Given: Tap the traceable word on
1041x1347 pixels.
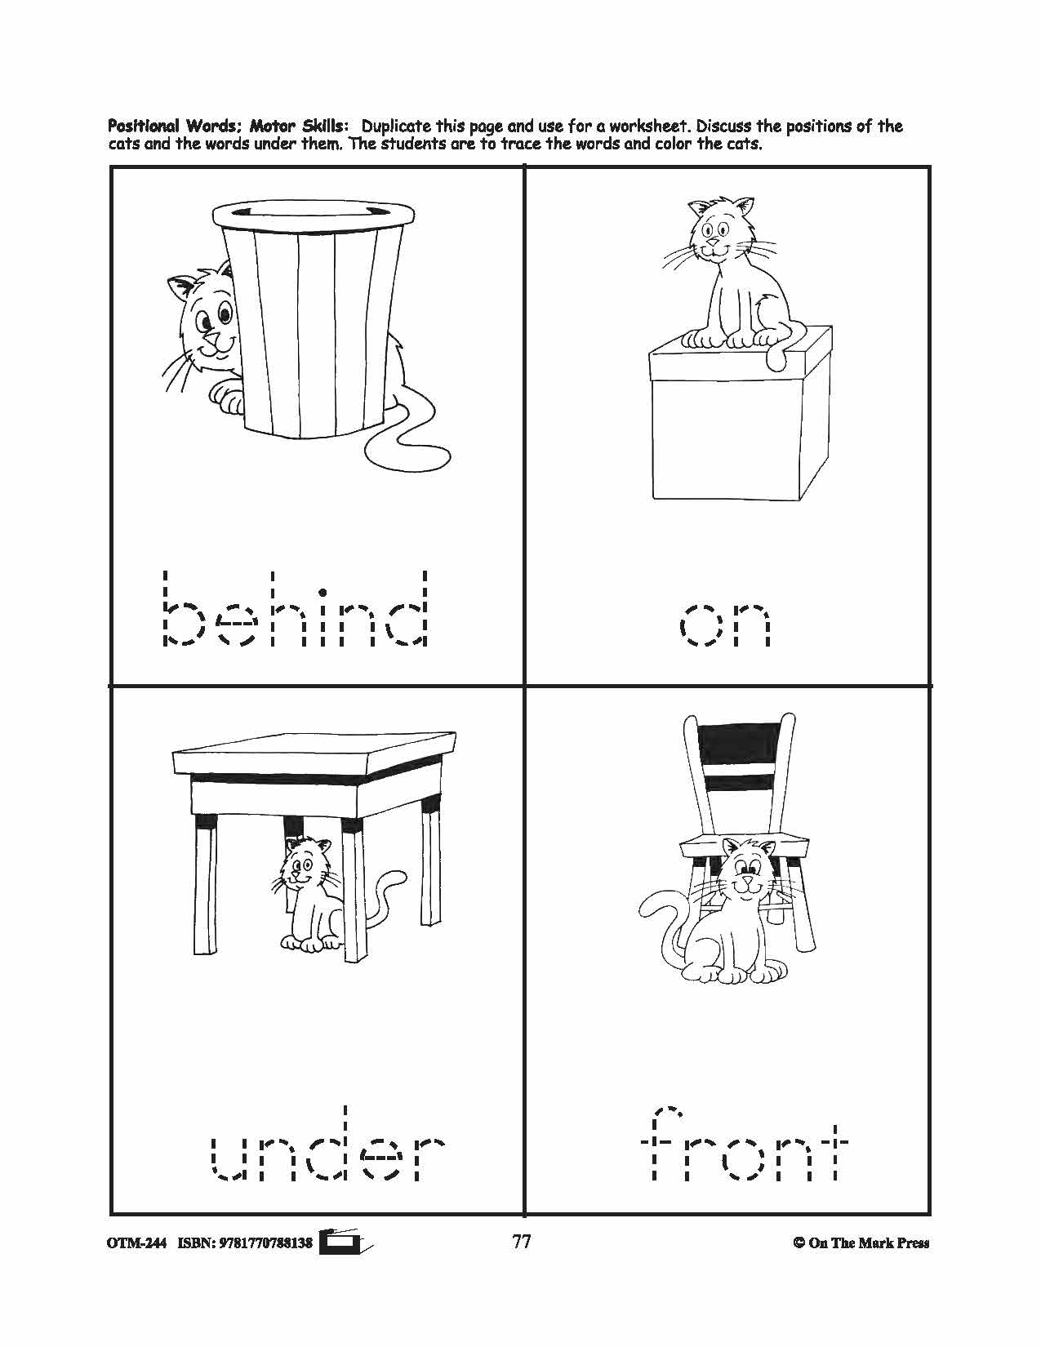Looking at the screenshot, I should pyautogui.click(x=725, y=624).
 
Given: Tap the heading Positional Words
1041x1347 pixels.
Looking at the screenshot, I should pyautogui.click(x=173, y=127).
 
